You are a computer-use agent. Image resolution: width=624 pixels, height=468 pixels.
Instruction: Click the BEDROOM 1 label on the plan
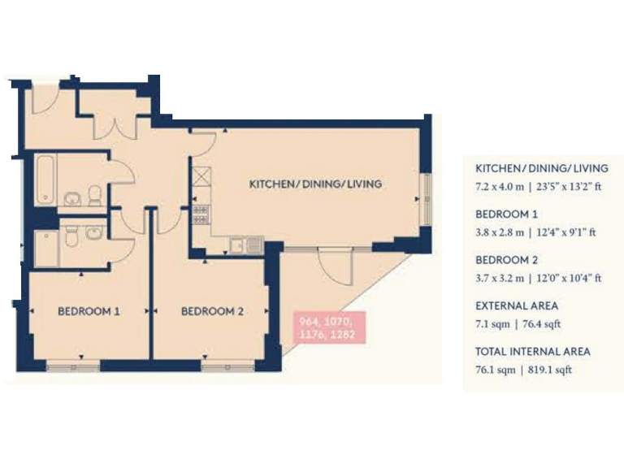(89, 310)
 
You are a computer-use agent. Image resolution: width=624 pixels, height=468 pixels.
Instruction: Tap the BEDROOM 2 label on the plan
(212, 310)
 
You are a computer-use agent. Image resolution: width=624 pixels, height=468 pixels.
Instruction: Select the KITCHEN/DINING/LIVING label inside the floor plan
(315, 184)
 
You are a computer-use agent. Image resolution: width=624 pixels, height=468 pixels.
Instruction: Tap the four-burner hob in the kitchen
(199, 214)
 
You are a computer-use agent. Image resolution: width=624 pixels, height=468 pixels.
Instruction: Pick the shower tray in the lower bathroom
(47, 248)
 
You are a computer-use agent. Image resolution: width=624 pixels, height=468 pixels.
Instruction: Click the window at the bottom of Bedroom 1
(73, 366)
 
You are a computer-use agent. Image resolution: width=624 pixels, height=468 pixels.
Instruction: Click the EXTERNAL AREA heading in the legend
(516, 306)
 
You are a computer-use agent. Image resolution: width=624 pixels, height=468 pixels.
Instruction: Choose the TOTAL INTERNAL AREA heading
(532, 352)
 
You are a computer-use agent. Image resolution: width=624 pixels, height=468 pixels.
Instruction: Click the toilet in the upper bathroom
(96, 194)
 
